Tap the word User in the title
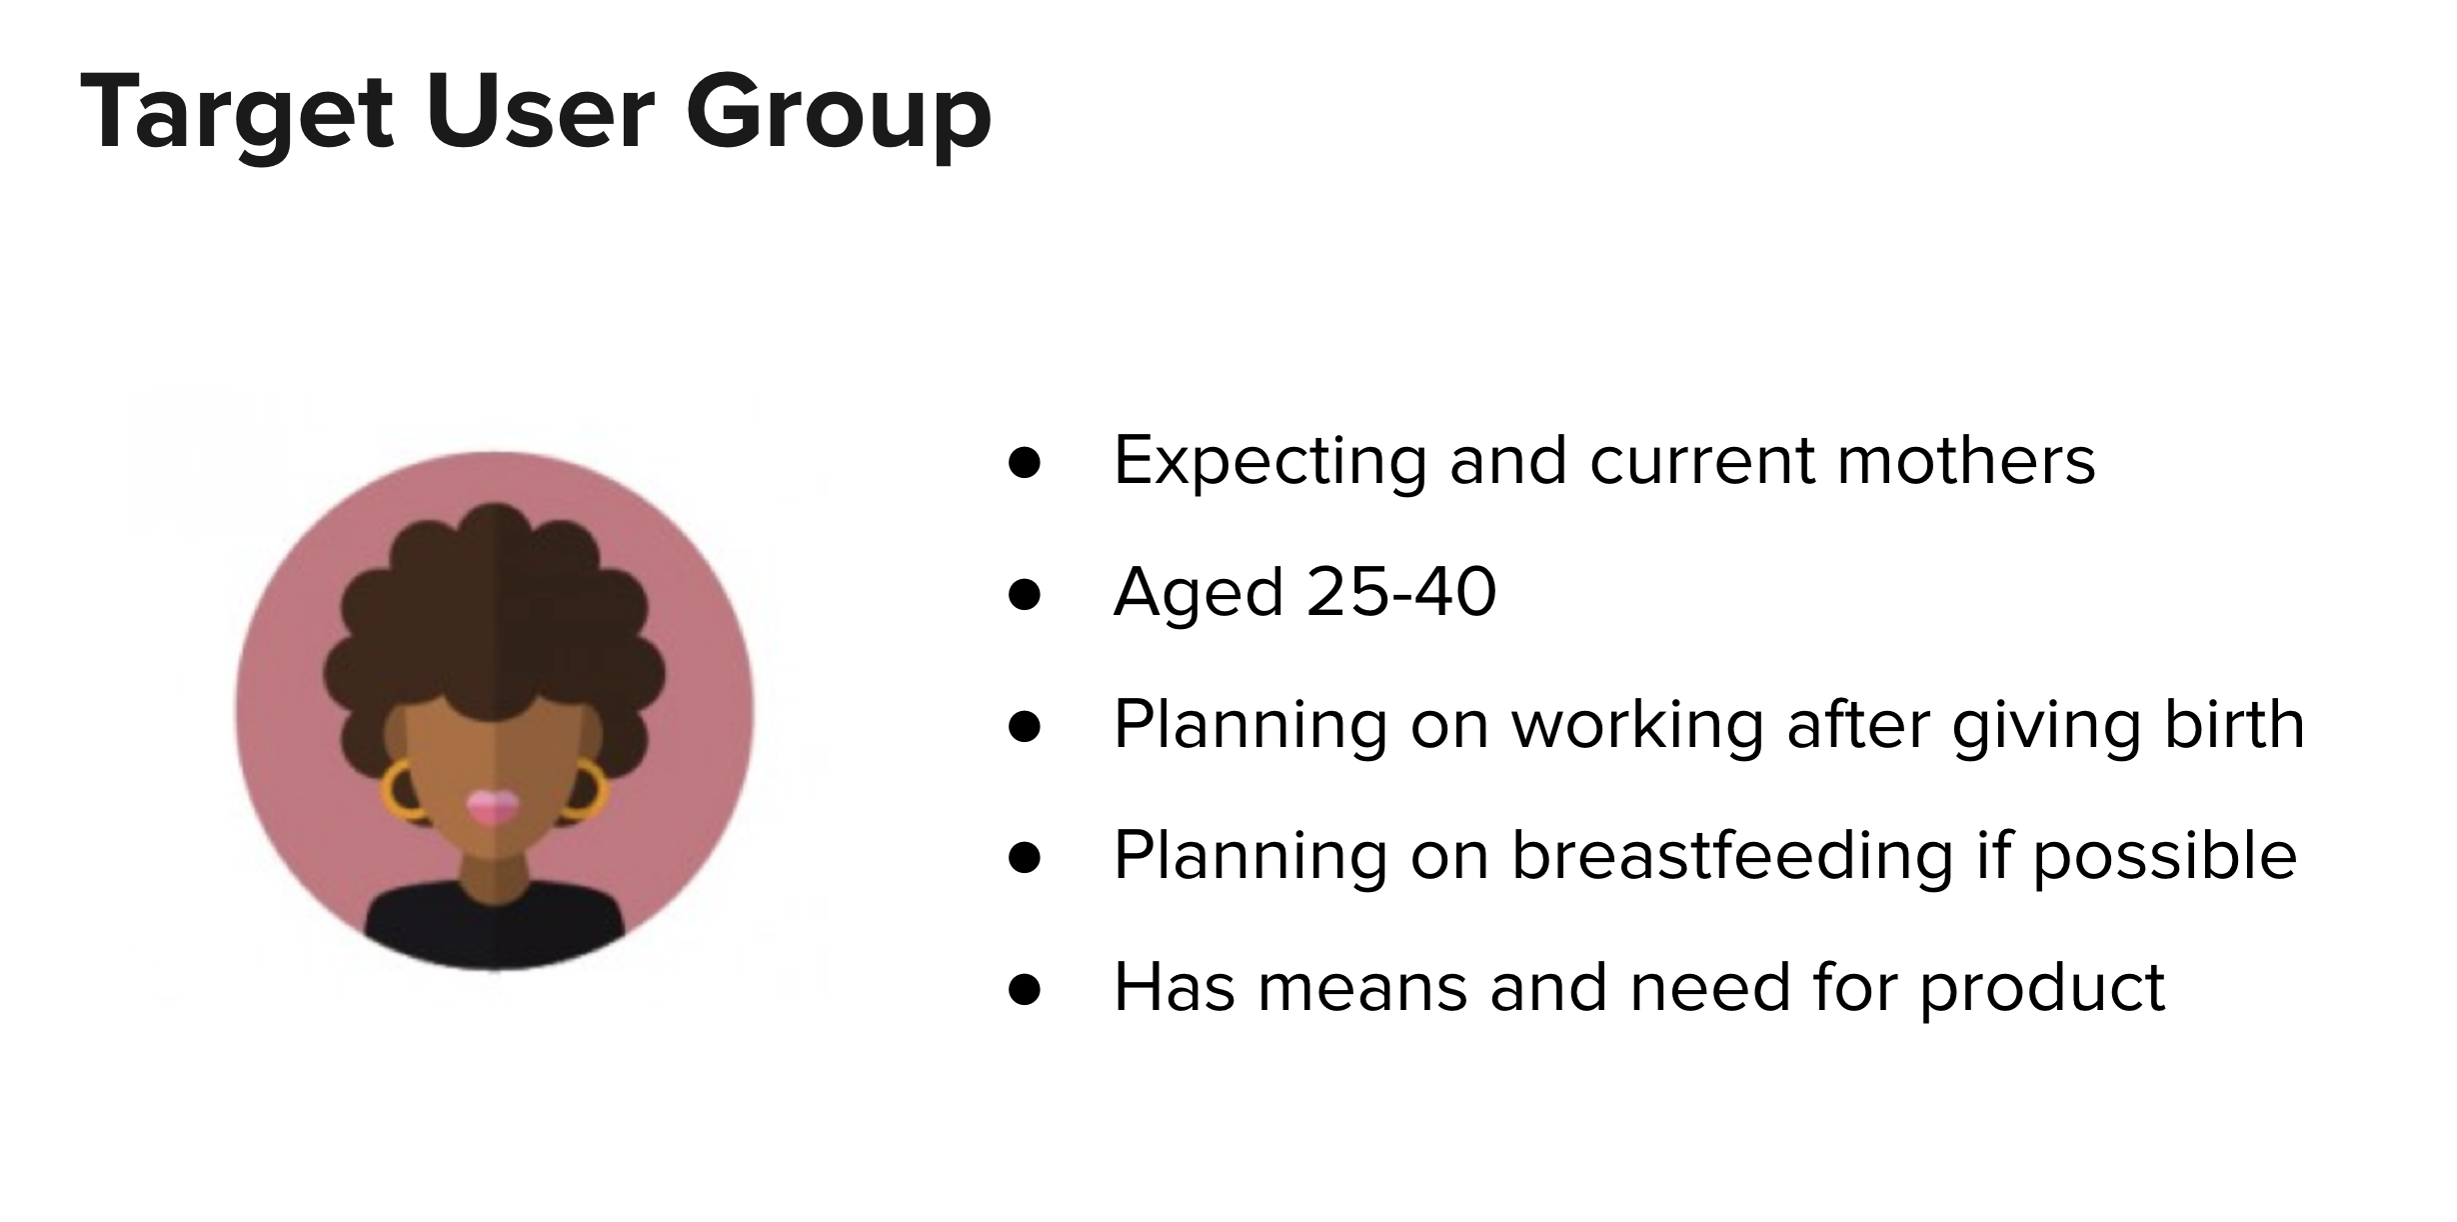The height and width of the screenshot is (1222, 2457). point(541,111)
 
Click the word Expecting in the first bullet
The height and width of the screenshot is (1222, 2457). point(1269,462)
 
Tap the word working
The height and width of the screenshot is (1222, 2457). point(1636,726)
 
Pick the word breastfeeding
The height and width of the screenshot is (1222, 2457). point(1731,857)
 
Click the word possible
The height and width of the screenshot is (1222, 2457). point(2164,857)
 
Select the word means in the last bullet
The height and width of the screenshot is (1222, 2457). point(1361,988)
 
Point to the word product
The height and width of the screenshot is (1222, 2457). point(2042,990)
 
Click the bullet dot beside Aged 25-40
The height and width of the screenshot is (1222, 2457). point(1025,595)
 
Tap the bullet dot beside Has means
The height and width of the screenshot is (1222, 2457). point(1025,989)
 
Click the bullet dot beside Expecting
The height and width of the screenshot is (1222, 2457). point(1025,463)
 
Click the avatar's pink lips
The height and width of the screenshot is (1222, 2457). point(493,807)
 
